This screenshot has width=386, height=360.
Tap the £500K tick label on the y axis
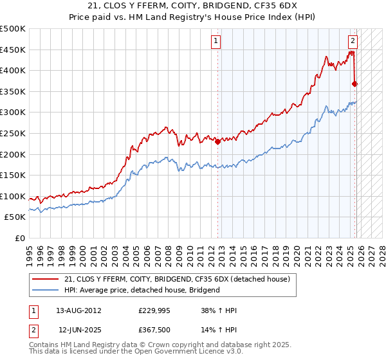click(13, 29)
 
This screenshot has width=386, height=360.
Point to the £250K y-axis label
click(13, 133)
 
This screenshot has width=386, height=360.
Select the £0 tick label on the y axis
click(21, 238)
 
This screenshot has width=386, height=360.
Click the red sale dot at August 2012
click(217, 141)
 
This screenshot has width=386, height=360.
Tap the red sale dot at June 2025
click(354, 84)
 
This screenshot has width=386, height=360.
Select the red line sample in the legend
click(46, 279)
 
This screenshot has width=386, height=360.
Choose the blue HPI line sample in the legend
click(46, 290)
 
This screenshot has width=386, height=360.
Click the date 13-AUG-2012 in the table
click(79, 310)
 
